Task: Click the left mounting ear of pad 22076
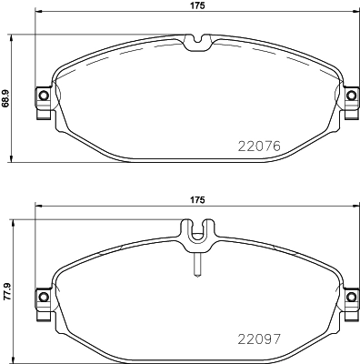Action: (42, 97)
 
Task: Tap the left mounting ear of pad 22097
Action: (42, 297)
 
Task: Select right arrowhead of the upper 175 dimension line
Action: (354, 15)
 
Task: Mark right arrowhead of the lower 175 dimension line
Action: (354, 208)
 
